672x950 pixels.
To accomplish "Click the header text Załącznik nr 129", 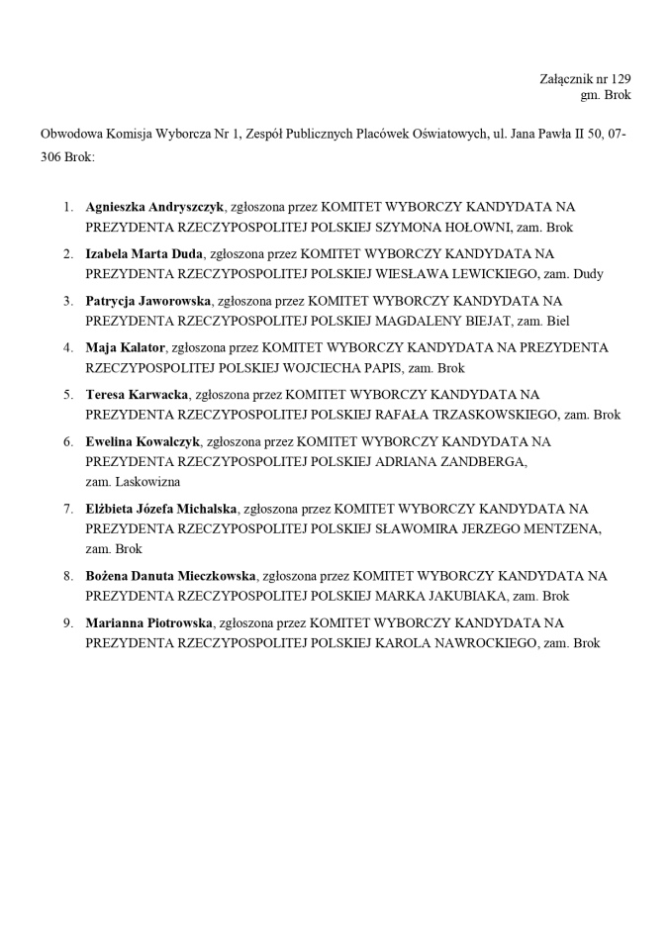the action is [x=585, y=78].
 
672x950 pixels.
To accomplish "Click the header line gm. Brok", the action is [x=605, y=95].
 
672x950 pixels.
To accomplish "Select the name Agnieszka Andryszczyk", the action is [x=155, y=207].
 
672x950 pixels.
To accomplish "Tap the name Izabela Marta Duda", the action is [x=144, y=254].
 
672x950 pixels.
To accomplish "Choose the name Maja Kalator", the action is [x=125, y=347].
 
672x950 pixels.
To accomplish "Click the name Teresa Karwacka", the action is [x=137, y=395].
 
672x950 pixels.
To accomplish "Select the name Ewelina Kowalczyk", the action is [x=143, y=441].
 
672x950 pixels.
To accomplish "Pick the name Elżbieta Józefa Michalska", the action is [x=161, y=509].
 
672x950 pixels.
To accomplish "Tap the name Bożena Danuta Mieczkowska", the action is [x=171, y=576].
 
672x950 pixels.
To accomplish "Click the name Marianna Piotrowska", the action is [x=148, y=623].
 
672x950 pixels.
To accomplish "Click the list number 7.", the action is [x=67, y=509].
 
